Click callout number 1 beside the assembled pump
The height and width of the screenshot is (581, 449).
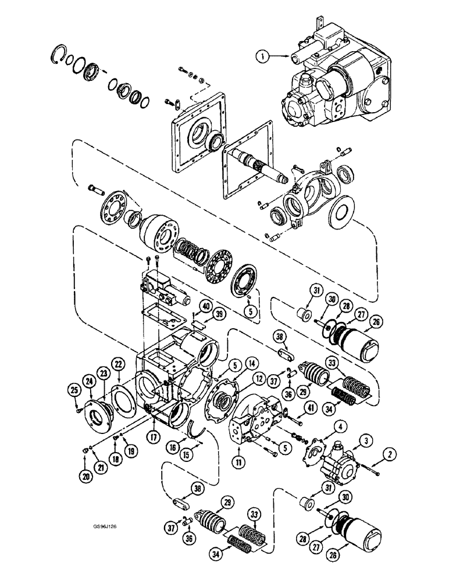pyautogui.click(x=262, y=56)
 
